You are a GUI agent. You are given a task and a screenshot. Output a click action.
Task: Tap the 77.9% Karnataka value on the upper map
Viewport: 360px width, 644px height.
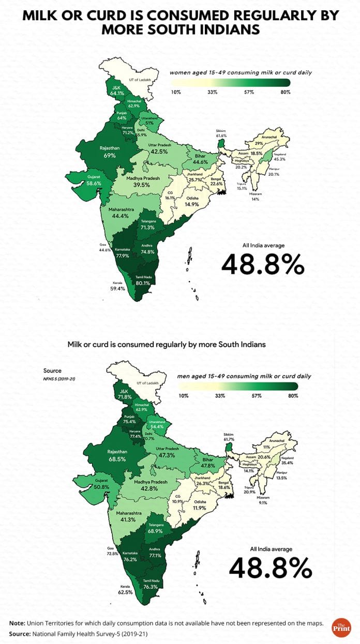(x=122, y=255)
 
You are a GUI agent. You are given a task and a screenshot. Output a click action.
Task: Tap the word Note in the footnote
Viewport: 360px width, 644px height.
(x=18, y=623)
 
